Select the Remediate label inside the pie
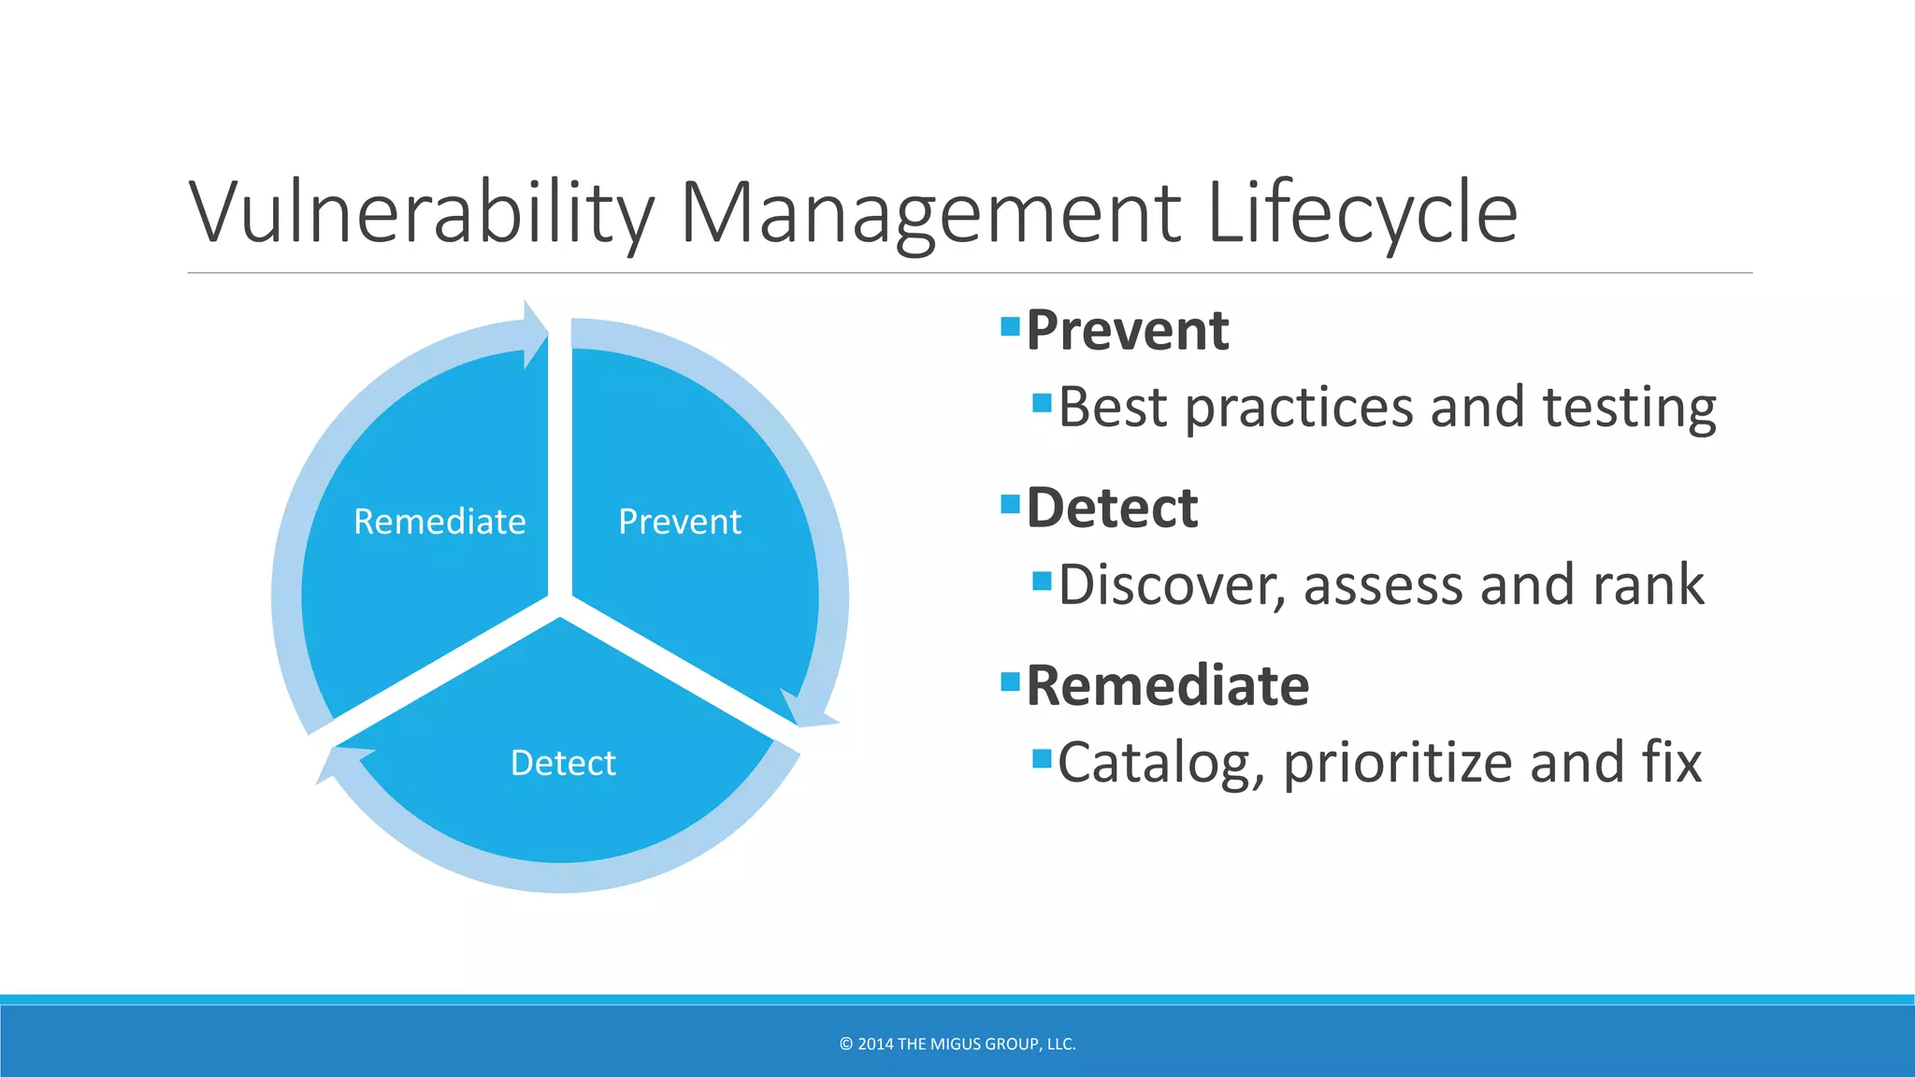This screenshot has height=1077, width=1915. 439,522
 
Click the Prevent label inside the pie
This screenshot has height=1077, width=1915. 680,522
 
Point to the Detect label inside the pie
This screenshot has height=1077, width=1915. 563,763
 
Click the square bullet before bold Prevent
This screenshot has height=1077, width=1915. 1010,326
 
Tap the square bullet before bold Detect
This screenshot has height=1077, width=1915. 1010,504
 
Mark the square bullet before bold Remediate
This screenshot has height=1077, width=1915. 1010,681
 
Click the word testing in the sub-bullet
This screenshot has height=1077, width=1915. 1629,408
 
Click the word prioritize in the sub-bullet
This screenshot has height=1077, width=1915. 1398,763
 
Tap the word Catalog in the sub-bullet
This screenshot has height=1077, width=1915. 1160,763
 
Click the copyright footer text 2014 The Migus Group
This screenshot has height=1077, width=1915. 957,1043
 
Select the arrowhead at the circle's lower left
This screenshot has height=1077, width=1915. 338,762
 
